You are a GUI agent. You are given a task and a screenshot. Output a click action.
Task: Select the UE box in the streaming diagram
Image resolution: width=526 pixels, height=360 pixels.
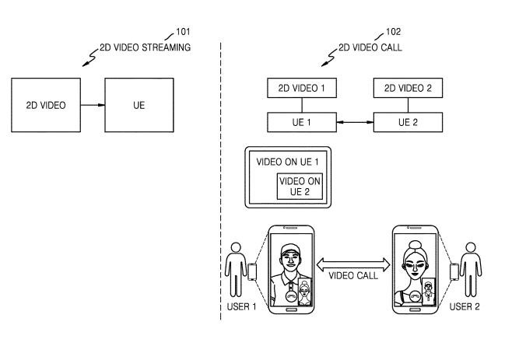pos(139,104)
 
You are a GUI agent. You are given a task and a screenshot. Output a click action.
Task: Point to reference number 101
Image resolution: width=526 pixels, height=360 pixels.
pos(183,32)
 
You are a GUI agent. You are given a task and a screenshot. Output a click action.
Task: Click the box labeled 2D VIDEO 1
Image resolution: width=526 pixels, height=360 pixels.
pos(301,89)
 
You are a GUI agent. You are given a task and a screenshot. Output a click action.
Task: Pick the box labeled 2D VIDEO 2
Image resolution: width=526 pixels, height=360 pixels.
pos(408,89)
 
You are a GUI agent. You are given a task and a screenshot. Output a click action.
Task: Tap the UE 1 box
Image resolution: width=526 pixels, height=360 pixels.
pos(301,122)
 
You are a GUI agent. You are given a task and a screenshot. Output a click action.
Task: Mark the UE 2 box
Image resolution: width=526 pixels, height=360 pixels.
pos(408,122)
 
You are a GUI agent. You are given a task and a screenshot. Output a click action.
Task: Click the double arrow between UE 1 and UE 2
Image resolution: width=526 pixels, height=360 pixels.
pos(354,122)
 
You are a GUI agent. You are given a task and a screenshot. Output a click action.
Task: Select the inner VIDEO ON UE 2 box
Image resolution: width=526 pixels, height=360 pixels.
pos(300,187)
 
